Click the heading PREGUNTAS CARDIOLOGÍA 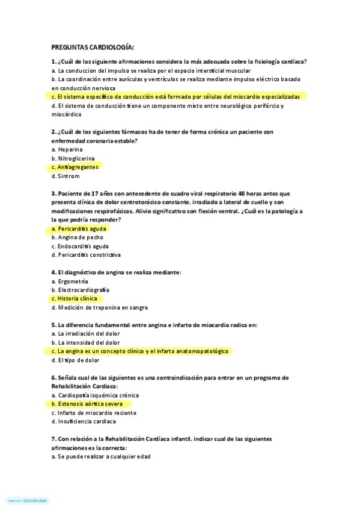pos(93,47)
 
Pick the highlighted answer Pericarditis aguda pos(79,229)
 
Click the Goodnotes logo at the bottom pos(28,500)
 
